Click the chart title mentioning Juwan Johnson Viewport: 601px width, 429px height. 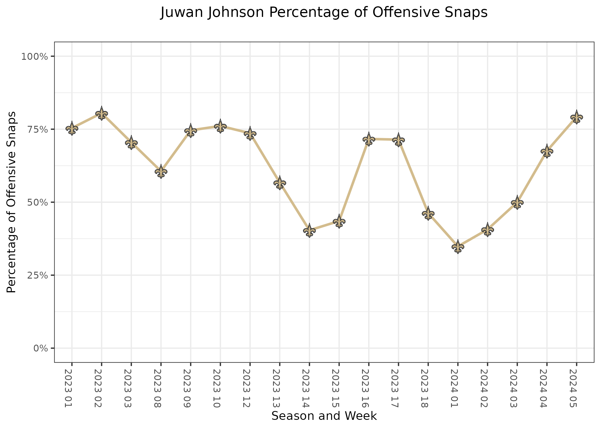click(x=324, y=13)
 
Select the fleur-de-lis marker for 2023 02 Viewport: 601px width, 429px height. click(x=102, y=114)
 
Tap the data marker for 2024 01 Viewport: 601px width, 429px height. click(x=458, y=247)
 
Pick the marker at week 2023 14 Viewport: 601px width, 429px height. click(x=309, y=231)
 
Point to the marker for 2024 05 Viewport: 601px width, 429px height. click(x=576, y=117)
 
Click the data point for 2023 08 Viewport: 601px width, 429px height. click(x=161, y=172)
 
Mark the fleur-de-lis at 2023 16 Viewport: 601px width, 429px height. click(x=369, y=139)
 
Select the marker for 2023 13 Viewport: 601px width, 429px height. click(x=280, y=183)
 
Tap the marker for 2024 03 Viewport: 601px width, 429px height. click(x=517, y=203)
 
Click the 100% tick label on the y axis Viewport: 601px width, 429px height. click(x=34, y=56)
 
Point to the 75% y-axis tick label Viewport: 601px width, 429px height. click(x=36, y=129)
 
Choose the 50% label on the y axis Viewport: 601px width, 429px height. click(x=36, y=202)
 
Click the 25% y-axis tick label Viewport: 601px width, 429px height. click(x=36, y=275)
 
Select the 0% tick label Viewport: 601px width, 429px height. click(x=40, y=348)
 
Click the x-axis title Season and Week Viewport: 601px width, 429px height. click(x=324, y=416)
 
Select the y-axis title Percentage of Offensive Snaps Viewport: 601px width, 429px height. click(x=11, y=202)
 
